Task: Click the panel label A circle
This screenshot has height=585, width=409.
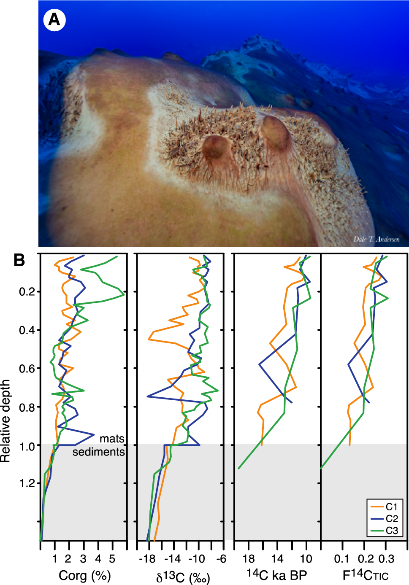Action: (x=54, y=20)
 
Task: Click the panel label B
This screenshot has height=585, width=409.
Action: (x=19, y=260)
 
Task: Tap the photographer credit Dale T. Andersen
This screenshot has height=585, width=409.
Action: (x=376, y=239)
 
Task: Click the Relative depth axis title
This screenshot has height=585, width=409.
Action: (x=5, y=421)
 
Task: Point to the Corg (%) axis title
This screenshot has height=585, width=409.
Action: (x=84, y=575)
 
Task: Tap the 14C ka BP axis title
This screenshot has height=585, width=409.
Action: (x=276, y=574)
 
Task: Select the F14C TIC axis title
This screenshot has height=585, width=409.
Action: (x=365, y=575)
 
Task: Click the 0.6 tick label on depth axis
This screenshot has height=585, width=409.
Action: (x=27, y=369)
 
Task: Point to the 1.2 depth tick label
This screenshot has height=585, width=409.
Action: (x=27, y=483)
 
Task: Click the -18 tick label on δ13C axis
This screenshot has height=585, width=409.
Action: (x=147, y=559)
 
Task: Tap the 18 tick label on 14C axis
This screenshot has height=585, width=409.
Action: (x=249, y=559)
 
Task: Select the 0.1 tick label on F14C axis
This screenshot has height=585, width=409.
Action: (x=341, y=559)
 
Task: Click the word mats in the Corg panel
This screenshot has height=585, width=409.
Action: (x=112, y=439)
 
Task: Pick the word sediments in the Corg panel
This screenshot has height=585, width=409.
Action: (x=98, y=452)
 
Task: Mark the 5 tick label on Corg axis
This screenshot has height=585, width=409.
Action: (x=112, y=559)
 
